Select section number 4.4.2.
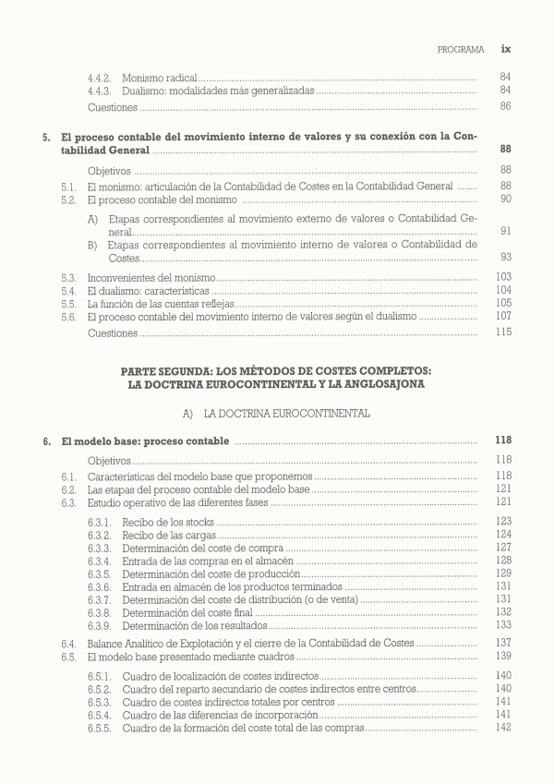click(99, 77)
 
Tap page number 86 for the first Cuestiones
click(505, 106)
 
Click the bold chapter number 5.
click(46, 136)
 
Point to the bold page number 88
click(505, 149)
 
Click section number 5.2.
click(68, 199)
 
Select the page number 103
click(503, 277)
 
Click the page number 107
click(503, 317)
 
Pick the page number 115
click(503, 332)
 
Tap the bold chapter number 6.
click(46, 441)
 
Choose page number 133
click(503, 624)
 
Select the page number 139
click(503, 657)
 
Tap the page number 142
click(503, 728)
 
